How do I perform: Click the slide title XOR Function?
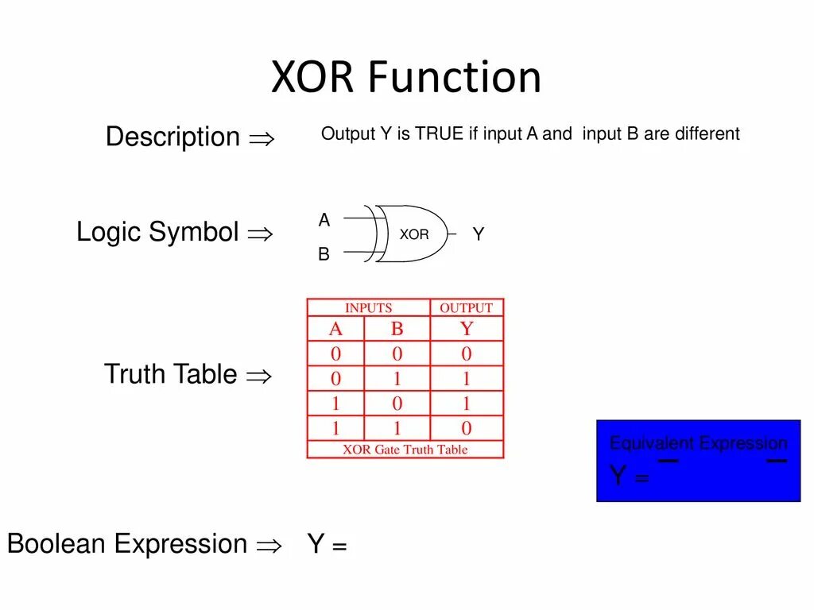(406, 77)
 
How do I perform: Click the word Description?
(172, 137)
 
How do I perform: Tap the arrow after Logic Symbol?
(260, 234)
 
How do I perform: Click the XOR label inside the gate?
(413, 235)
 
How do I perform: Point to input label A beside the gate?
(324, 221)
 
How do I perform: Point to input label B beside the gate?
(324, 255)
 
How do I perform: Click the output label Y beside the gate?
(479, 234)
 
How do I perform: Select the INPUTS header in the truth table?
(368, 308)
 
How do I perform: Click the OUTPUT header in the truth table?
(467, 308)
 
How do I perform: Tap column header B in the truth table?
(397, 330)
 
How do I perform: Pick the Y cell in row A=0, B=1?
(467, 379)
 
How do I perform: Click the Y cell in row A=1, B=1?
(467, 429)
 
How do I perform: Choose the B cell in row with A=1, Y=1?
(397, 403)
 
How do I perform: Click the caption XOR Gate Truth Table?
(405, 450)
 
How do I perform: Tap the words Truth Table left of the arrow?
(171, 374)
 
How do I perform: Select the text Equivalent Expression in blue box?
(698, 443)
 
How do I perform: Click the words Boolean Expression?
(127, 544)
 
